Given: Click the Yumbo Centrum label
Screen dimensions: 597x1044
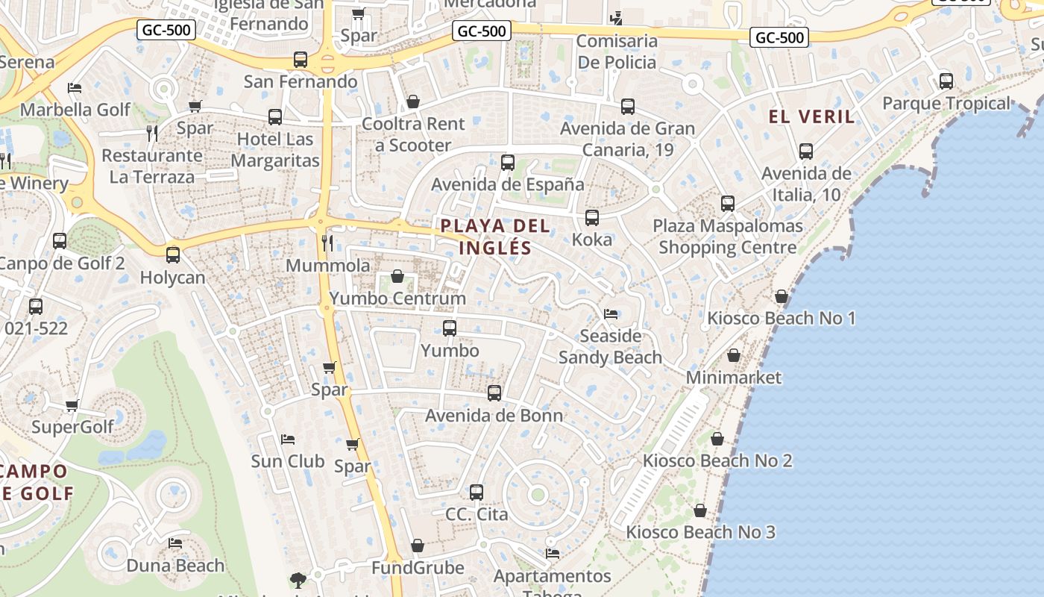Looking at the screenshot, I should tap(397, 298).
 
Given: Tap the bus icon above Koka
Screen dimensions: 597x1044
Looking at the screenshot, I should tap(592, 218).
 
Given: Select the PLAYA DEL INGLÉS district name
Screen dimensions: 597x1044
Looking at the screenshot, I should tap(495, 237).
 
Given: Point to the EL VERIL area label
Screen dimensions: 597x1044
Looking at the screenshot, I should tap(812, 116).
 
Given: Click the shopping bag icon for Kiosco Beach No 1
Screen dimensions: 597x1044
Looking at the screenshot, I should tap(782, 297).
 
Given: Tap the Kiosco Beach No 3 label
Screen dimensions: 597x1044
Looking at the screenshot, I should tap(700, 532).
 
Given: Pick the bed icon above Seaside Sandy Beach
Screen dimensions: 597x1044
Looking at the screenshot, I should tap(611, 313).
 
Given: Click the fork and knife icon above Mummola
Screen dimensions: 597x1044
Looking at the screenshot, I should tap(327, 243).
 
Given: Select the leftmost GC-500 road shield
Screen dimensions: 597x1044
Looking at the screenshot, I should tap(166, 30).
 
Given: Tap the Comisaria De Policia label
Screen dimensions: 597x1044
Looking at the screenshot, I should tap(617, 51).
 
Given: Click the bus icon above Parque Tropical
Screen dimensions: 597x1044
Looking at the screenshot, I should tap(946, 81).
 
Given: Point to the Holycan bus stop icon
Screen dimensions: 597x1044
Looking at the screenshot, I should tap(173, 255).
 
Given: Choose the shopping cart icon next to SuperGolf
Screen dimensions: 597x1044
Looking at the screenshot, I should tap(72, 406).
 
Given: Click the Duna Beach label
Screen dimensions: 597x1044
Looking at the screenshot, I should tap(175, 566).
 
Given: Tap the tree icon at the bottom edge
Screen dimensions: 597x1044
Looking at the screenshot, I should tap(298, 580).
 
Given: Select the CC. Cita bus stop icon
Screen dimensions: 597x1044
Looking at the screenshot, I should tap(477, 493).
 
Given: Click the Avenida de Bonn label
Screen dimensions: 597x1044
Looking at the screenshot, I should tap(494, 416).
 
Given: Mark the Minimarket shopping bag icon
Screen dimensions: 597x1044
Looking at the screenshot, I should tap(734, 355).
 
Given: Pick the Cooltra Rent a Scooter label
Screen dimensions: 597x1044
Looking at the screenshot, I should tap(413, 134).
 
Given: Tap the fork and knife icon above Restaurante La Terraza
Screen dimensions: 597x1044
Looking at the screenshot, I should tap(152, 134).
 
